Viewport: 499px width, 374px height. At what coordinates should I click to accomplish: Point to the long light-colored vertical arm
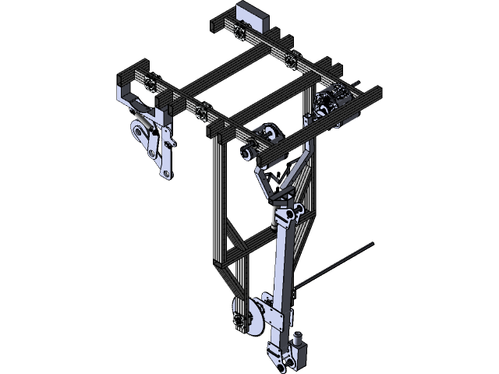tap(285, 265)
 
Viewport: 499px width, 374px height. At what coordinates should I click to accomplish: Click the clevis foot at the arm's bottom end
tap(278, 354)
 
